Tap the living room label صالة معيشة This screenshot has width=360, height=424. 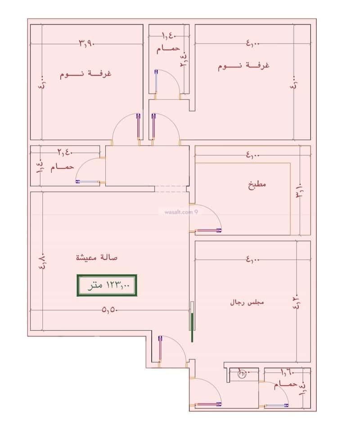point(97,257)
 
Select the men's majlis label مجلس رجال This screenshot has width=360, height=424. point(247,302)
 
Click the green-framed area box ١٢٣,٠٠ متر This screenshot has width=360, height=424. point(107,285)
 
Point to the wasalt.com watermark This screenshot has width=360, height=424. point(181,212)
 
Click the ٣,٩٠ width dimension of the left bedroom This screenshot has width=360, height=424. point(86,43)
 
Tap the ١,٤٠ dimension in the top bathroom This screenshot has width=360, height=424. point(169,35)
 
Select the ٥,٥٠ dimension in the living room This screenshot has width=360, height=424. point(109,310)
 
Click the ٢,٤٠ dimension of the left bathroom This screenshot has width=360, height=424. point(65,152)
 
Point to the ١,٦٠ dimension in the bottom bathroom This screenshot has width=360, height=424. point(288,372)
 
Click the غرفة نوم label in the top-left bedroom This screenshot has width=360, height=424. point(85,74)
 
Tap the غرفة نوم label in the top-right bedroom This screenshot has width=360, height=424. point(244,66)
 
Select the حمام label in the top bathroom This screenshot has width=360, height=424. point(168,49)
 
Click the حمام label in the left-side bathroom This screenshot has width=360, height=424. point(62,167)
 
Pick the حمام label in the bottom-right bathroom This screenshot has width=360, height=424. point(285,384)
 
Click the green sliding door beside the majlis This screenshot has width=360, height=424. point(192,327)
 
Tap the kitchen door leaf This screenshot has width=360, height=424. point(208,230)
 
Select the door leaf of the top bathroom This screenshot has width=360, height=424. point(156,81)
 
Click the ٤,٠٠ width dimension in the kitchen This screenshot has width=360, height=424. point(253,155)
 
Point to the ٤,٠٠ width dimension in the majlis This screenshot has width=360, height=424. point(253,259)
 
